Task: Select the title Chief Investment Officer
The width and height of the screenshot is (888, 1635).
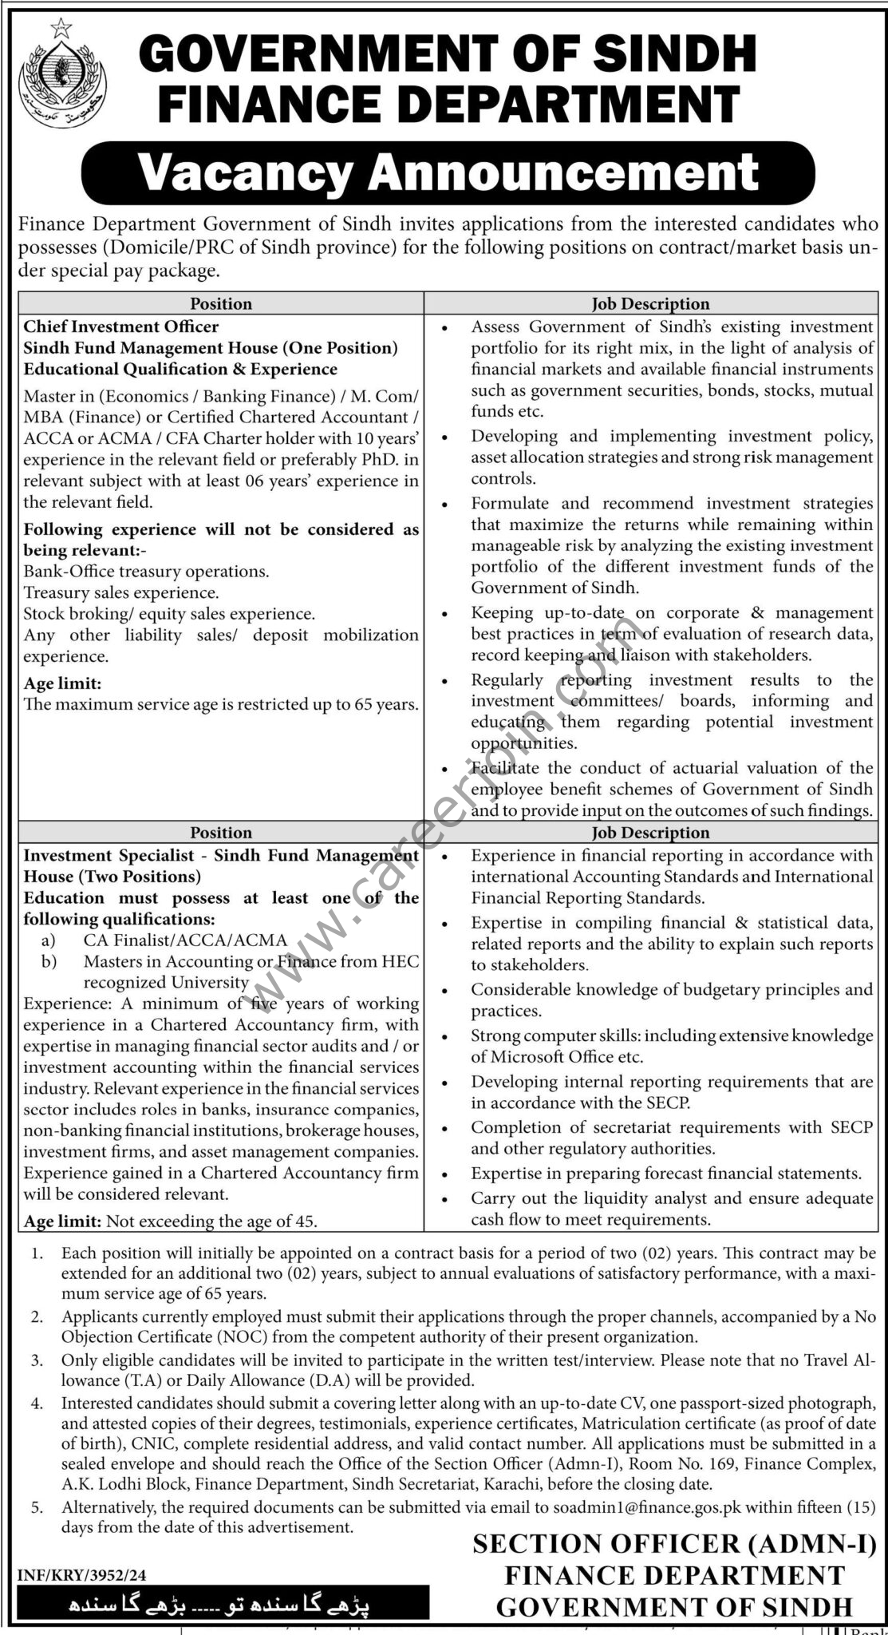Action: coord(121,327)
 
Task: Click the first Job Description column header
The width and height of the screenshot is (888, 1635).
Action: coord(650,304)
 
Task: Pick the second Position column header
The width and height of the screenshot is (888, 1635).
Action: coord(221,833)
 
